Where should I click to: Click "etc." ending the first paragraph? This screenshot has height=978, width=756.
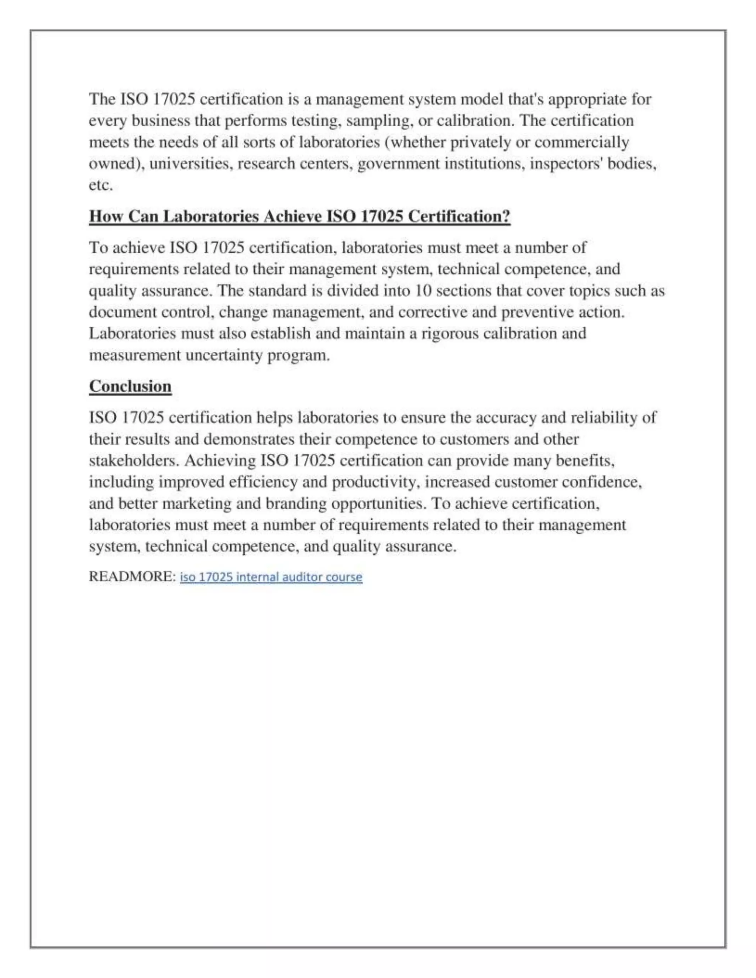tap(101, 185)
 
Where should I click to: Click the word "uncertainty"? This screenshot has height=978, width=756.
tap(223, 355)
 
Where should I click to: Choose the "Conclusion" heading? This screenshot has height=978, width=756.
tap(130, 386)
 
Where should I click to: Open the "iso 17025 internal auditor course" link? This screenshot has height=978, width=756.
tap(271, 577)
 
